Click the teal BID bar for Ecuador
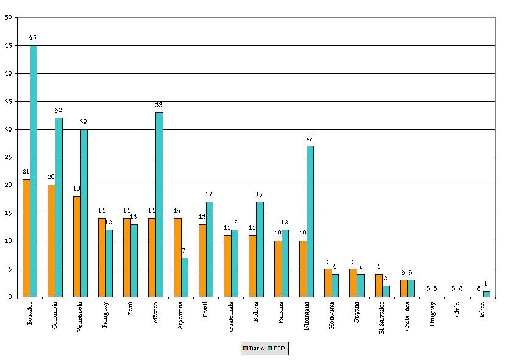click(x=34, y=171)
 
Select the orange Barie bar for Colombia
click(x=51, y=241)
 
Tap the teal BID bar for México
click(x=159, y=204)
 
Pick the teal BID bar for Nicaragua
click(x=310, y=221)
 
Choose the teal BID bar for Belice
click(x=486, y=294)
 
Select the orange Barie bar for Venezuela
click(x=77, y=246)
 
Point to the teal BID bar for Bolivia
click(x=260, y=249)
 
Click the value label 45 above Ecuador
click(x=33, y=38)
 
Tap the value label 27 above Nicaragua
click(x=310, y=138)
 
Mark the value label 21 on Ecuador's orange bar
click(x=26, y=172)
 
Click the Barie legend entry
click(x=252, y=348)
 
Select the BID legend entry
click(x=276, y=348)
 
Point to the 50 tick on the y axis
click(x=7, y=17)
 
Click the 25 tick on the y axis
click(x=7, y=157)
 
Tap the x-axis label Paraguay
click(x=105, y=316)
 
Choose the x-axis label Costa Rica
click(x=407, y=317)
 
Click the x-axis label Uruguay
click(x=432, y=314)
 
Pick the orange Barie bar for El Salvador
click(x=379, y=286)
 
